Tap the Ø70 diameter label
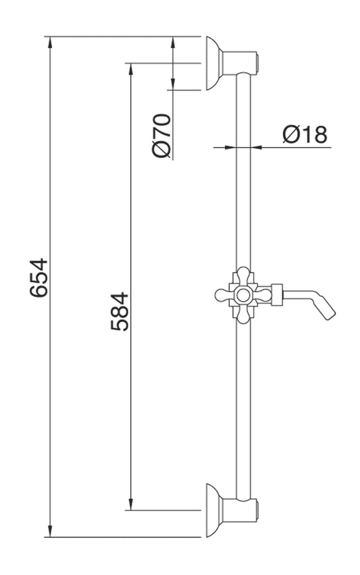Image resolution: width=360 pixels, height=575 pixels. pos(163,136)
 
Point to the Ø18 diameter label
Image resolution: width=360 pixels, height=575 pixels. pos(304,134)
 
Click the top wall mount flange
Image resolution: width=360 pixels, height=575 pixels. pos(215,63)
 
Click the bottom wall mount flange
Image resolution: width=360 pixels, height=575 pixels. pos(215,510)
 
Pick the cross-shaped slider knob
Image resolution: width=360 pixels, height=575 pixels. pos(241,294)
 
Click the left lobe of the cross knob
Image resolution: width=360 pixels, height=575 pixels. pos(221,294)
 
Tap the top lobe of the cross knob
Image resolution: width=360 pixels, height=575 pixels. pos(242,275)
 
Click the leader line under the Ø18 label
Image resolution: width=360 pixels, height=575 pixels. pos(297,146)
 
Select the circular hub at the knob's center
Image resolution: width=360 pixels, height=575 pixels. pos(242,294)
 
